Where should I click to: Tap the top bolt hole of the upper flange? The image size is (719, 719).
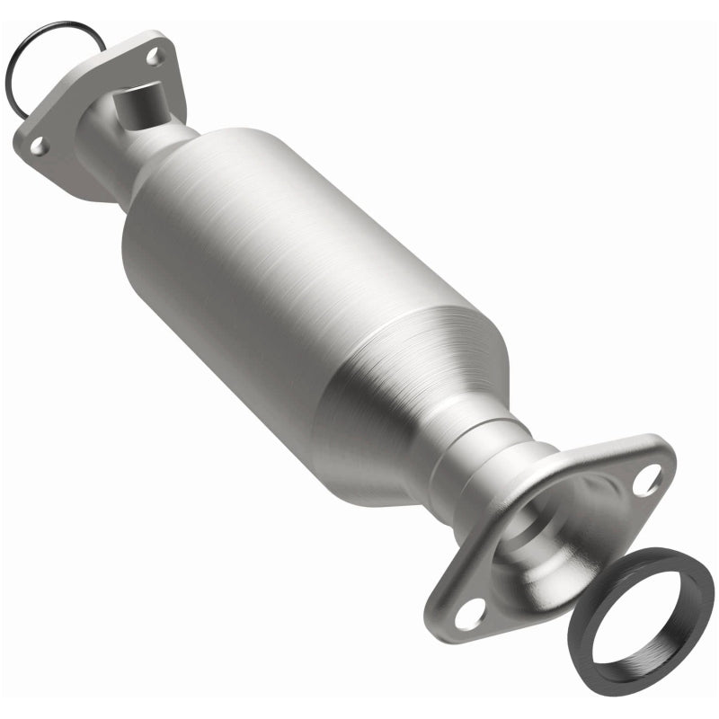pyautogui.click(x=155, y=57)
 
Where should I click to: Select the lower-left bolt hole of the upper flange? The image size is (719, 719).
pyautogui.click(x=37, y=143)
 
